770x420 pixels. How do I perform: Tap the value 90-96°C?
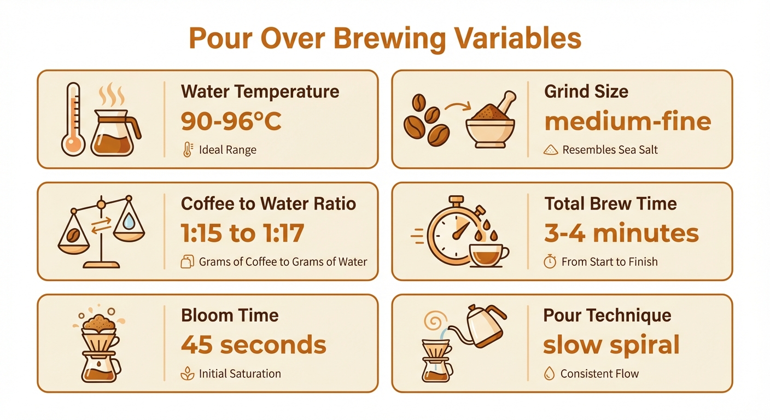click(231, 122)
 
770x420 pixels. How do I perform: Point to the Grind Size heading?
click(586, 91)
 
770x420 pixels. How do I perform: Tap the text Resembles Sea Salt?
click(610, 150)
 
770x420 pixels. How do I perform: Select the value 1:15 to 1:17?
click(242, 234)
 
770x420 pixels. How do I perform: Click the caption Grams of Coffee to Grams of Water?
click(283, 262)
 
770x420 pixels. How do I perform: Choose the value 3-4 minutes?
click(621, 234)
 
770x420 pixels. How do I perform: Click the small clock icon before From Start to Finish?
click(550, 262)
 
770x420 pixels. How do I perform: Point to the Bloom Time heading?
click(230, 316)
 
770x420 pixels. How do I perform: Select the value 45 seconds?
click(254, 345)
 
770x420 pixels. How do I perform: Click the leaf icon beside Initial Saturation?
click(186, 374)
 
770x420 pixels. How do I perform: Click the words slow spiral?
click(611, 345)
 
